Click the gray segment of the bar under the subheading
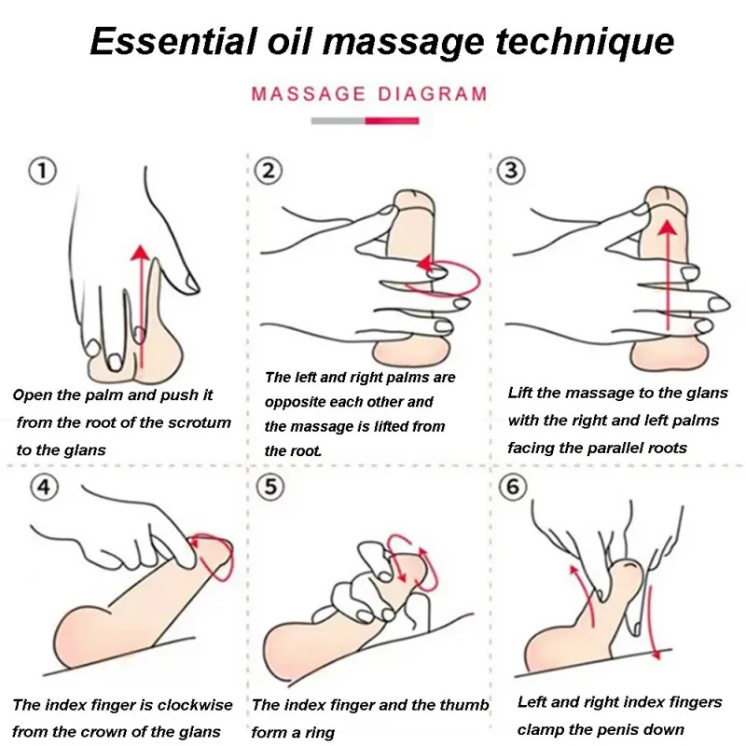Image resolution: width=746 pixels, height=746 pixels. (x=338, y=119)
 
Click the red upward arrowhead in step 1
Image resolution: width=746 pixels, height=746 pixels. (x=139, y=253)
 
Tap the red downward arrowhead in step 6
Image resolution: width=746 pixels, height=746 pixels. (x=656, y=654)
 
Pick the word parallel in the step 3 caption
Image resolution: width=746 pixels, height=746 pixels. (x=623, y=447)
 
